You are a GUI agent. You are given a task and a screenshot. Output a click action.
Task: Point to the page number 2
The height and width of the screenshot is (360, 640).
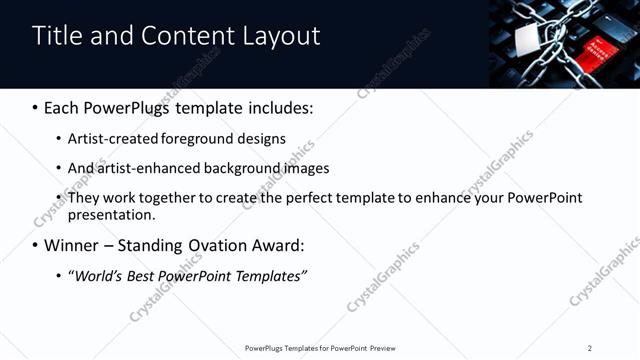(590, 348)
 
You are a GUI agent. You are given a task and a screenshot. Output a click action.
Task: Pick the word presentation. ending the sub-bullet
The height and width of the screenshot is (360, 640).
(112, 215)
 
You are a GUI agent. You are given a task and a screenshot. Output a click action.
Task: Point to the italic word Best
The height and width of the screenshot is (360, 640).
(144, 276)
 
